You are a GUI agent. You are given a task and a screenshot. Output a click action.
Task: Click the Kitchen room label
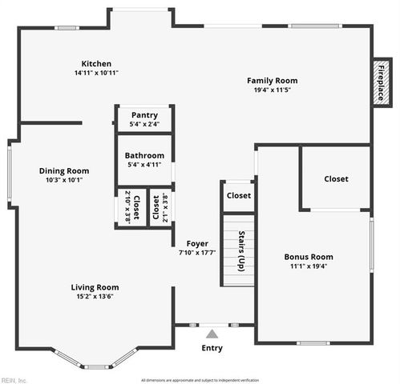point(96,64)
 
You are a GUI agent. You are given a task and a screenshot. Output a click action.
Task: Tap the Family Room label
point(272,80)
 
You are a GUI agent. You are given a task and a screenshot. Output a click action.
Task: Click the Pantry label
point(144,115)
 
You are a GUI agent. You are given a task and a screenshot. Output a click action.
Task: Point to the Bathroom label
point(144,155)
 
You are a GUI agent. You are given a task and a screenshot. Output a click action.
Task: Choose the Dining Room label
point(64,170)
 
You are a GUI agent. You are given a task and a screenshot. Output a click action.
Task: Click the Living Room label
point(95,287)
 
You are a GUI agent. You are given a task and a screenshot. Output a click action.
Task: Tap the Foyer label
point(197,243)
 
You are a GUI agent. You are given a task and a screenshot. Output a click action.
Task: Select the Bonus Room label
point(309,257)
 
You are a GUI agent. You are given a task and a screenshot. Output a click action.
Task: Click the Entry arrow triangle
point(212,334)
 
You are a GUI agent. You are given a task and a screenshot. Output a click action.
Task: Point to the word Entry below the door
point(212,348)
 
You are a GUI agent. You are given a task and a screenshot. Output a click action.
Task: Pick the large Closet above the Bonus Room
point(336,179)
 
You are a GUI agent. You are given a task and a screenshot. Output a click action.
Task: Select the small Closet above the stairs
point(238,195)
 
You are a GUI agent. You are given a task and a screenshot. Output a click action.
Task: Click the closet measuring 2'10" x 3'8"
point(131,207)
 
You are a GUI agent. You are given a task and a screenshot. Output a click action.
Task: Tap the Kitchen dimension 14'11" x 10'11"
point(96,74)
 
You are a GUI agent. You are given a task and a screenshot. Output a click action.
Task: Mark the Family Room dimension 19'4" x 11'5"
point(272,90)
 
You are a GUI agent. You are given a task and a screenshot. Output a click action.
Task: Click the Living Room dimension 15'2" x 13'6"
point(95,297)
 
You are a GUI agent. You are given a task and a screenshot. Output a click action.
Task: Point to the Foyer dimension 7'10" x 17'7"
point(197,253)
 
